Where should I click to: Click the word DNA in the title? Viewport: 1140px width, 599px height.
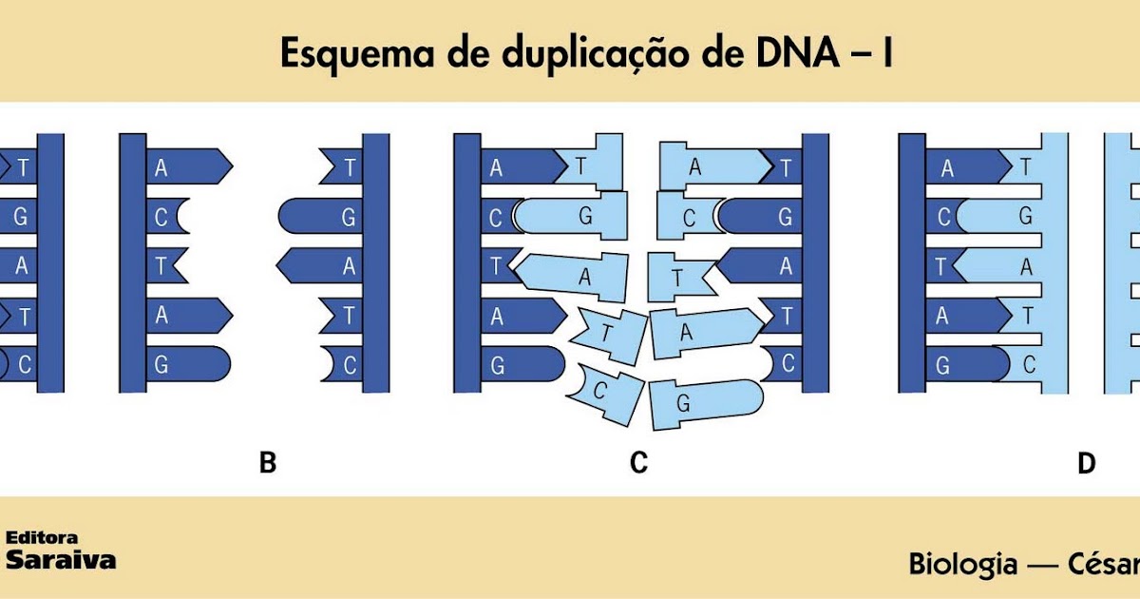pos(797,52)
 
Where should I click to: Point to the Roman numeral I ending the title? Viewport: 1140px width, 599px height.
pos(888,52)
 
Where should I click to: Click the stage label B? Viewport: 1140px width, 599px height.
pos(268,462)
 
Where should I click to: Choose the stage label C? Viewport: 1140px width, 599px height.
pos(638,462)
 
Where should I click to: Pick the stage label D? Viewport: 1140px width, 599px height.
pos(1087,463)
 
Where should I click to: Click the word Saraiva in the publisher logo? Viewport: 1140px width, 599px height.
pos(61,560)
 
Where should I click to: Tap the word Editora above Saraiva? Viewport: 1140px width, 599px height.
pos(42,537)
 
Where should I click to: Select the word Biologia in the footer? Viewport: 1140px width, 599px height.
pos(963,565)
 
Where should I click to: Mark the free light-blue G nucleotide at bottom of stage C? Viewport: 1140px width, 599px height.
pos(707,404)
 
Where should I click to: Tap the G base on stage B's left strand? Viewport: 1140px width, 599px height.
pos(188,364)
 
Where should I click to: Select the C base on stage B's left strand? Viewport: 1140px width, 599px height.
pos(167,217)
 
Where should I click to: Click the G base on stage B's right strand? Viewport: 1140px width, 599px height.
pos(320,217)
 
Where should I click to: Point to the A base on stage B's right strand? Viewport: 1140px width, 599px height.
pos(319,265)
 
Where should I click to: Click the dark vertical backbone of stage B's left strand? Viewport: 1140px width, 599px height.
pos(133,262)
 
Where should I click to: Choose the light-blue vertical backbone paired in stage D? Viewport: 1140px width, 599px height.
pos(1054,262)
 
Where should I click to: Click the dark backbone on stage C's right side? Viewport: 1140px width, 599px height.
pos(815,262)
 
